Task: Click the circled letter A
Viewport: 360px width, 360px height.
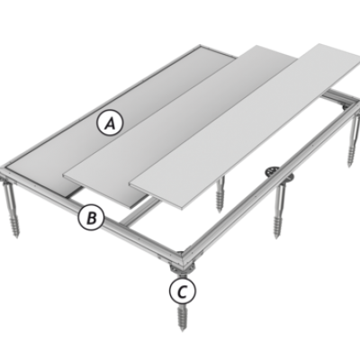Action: click(110, 123)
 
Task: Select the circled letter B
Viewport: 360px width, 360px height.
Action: click(91, 217)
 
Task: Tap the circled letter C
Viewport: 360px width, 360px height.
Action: click(183, 291)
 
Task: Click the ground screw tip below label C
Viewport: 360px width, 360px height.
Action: click(182, 328)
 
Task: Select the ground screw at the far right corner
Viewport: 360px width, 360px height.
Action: click(354, 141)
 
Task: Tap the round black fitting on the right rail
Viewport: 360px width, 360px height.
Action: click(273, 172)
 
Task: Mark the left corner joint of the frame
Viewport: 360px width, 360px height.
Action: click(6, 174)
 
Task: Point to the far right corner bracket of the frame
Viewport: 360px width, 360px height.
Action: click(348, 104)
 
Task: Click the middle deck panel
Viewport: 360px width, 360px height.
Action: click(180, 120)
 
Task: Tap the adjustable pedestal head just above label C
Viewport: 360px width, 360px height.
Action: click(183, 269)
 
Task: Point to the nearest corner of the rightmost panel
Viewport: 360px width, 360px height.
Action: click(182, 208)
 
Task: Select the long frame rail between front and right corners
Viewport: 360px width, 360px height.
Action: click(268, 180)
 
